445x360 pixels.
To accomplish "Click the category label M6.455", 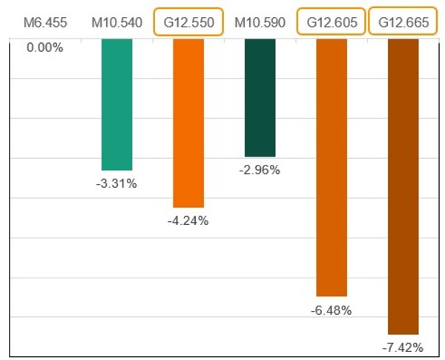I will [45, 22].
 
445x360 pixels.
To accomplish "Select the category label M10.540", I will [116, 22].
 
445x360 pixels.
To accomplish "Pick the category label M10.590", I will [260, 22].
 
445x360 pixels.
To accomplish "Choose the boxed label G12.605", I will [332, 22].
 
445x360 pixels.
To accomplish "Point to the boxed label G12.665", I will [403, 22].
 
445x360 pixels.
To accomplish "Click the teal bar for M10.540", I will [116, 105].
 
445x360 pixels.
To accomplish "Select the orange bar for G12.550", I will [188, 123].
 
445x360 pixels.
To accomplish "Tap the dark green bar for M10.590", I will [260, 97].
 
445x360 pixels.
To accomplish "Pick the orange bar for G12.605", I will [332, 168].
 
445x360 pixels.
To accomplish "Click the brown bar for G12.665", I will [403, 186].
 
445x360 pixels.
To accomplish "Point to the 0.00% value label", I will [45, 48].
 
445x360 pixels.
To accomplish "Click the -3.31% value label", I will [116, 183].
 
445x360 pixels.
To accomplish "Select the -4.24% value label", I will [188, 220].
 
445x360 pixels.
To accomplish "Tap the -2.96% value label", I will [260, 170].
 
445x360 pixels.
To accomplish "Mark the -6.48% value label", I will [332, 310].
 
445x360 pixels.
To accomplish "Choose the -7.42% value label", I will [403, 347].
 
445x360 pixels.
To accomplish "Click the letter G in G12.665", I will [383, 22].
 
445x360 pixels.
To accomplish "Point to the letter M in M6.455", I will [28, 22].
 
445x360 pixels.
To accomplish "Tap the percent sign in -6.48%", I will [346, 310].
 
